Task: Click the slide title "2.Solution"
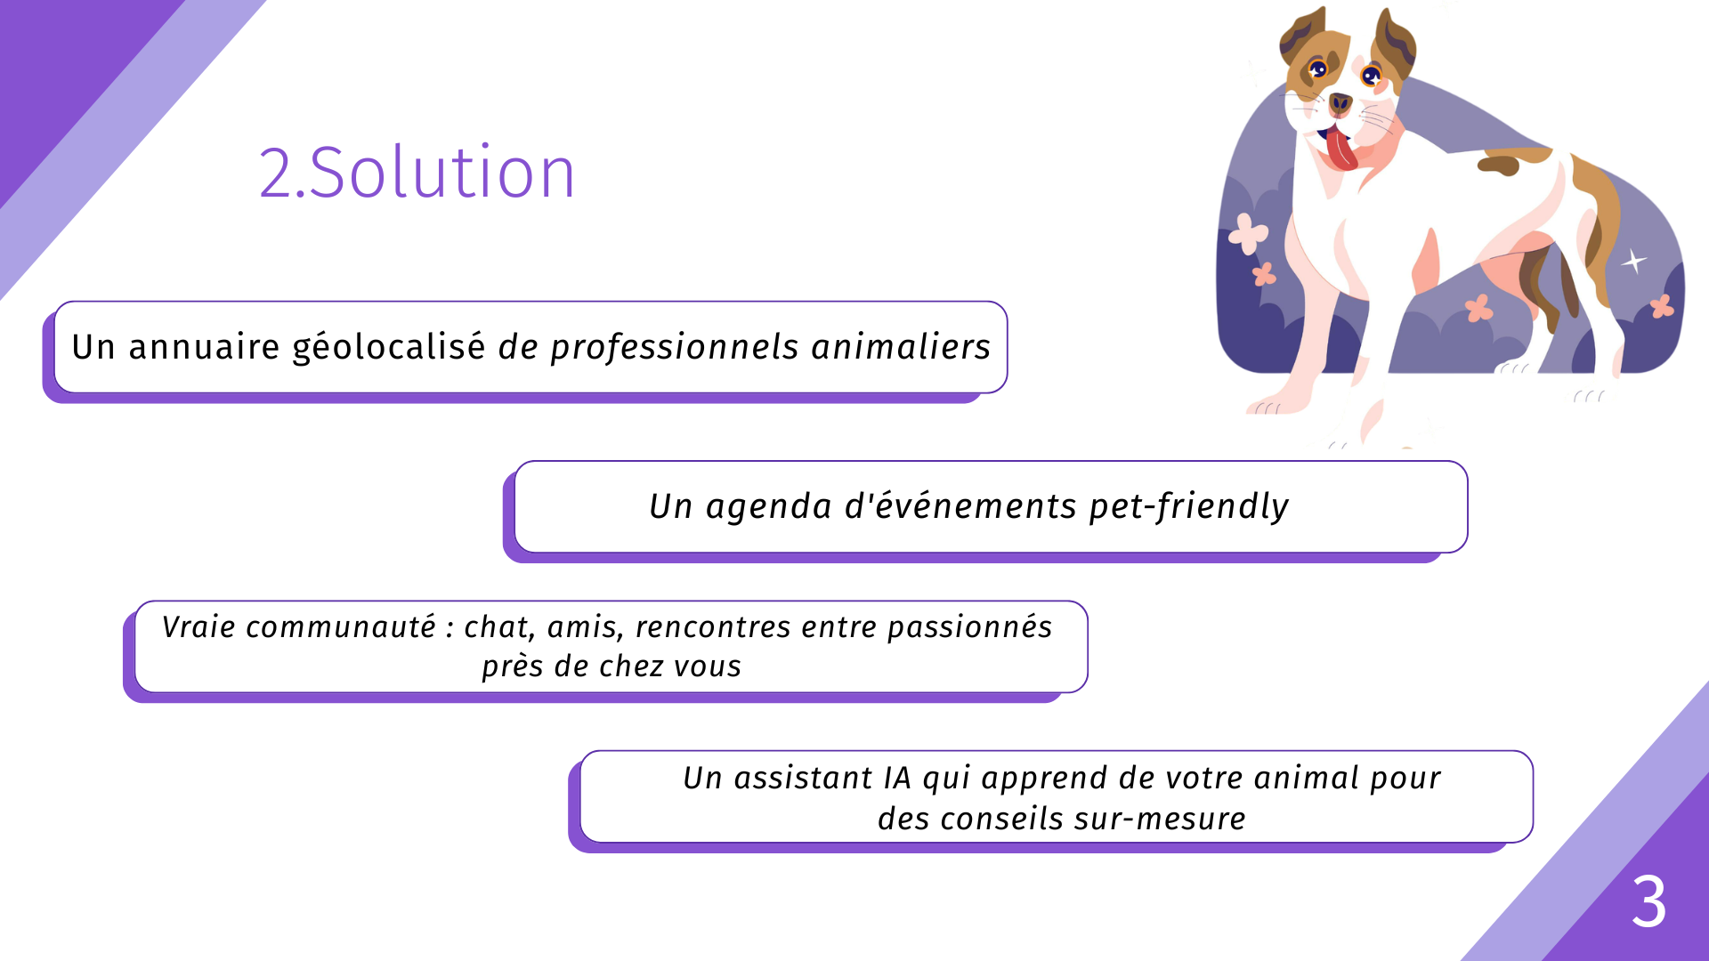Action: tap(417, 172)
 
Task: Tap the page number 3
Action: tap(1648, 901)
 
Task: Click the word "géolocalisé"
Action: tap(389, 347)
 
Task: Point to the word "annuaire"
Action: tap(205, 347)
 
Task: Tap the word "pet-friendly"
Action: tap(1189, 506)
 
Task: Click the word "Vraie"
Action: tap(199, 627)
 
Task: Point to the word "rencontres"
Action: tap(713, 627)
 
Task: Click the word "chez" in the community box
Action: tap(630, 666)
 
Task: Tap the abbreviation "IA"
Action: tap(898, 779)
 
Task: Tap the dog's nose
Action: tap(1340, 104)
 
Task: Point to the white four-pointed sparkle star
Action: tap(1633, 261)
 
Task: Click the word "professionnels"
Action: tap(675, 347)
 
